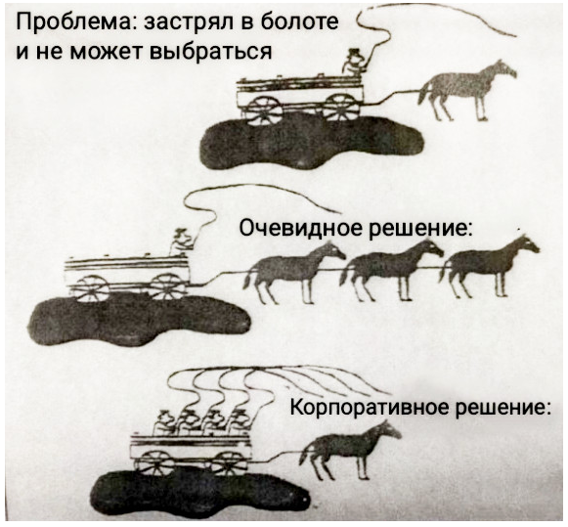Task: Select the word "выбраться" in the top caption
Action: pos(210,51)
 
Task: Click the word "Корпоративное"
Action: pos(370,410)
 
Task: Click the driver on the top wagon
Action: pos(353,63)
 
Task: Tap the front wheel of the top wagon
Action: pos(341,108)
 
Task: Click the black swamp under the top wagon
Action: pos(312,143)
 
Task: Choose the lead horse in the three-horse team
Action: pos(489,266)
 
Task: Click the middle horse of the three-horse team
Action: pos(391,270)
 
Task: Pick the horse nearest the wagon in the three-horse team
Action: pos(294,272)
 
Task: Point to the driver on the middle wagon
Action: pos(182,242)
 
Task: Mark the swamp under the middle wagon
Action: pos(140,319)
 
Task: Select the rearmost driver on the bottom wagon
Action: pos(163,423)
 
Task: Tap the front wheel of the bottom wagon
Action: pos(229,462)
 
